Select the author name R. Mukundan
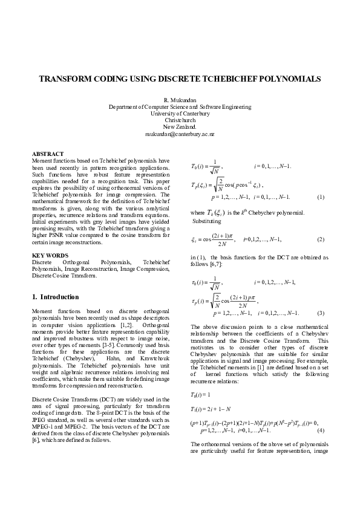(x=180, y=100)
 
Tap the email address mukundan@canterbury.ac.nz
(x=180, y=134)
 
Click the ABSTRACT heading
(x=47, y=154)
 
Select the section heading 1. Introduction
(x=55, y=297)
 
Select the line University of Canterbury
(x=180, y=113)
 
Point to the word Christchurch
(x=180, y=120)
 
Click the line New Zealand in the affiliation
(x=180, y=127)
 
